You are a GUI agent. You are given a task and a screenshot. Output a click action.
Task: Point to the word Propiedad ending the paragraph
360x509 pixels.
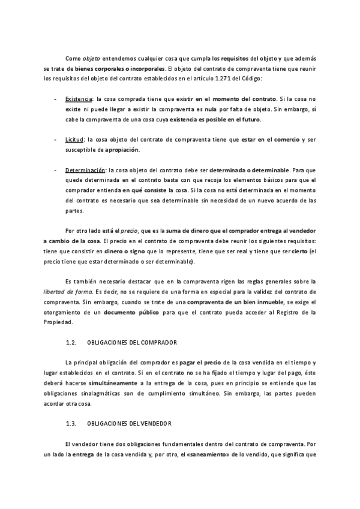[x=59, y=324]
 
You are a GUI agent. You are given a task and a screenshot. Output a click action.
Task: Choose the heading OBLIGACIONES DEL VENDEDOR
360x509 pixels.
[x=129, y=423]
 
